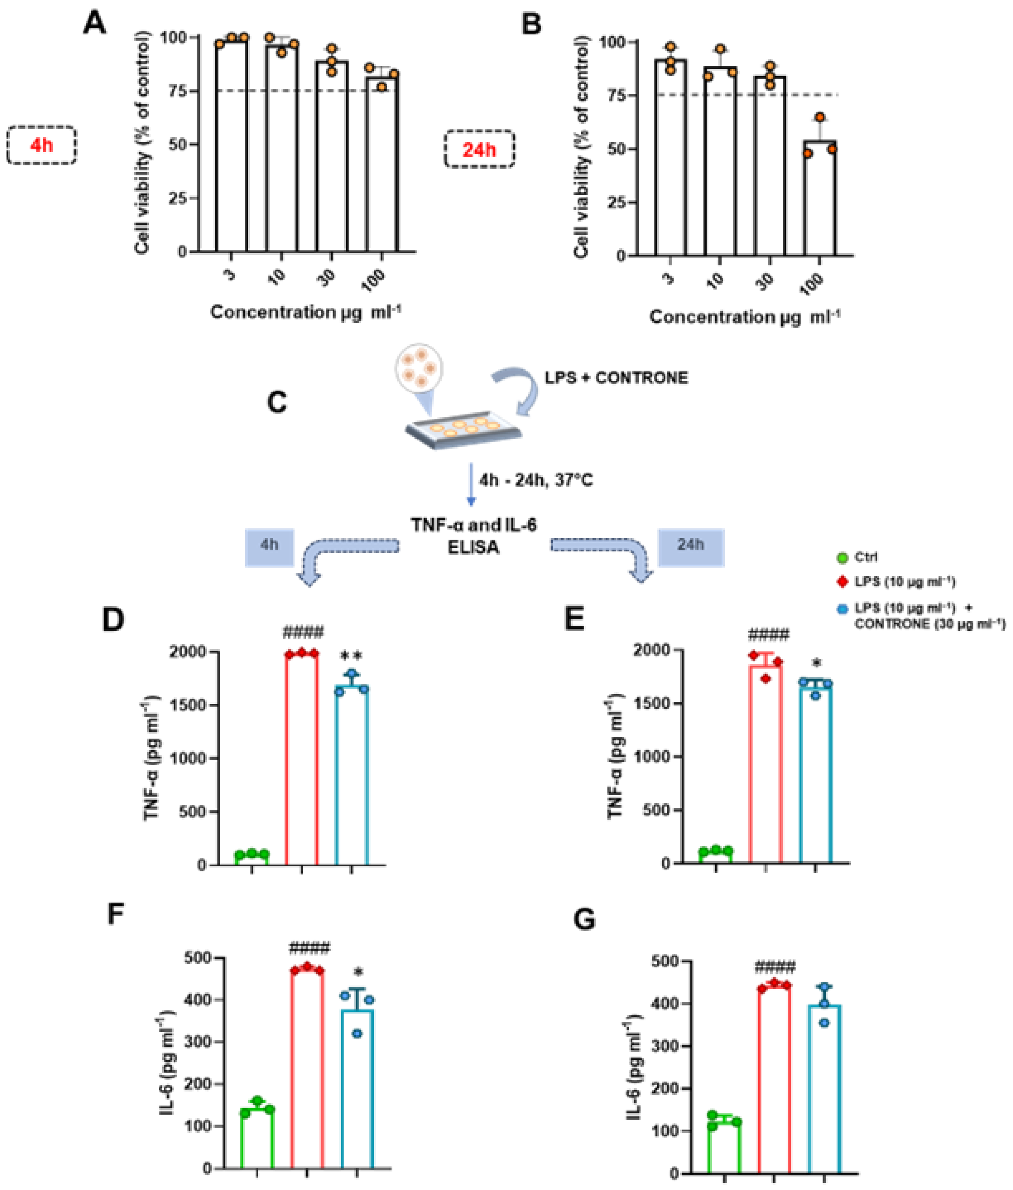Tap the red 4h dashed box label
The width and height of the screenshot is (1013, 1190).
(x=41, y=145)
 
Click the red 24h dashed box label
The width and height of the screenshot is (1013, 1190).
(x=479, y=150)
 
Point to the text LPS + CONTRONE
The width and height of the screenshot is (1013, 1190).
(x=616, y=378)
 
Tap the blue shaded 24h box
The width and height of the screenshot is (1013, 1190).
(x=690, y=547)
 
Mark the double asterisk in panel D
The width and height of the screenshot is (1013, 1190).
(x=351, y=656)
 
